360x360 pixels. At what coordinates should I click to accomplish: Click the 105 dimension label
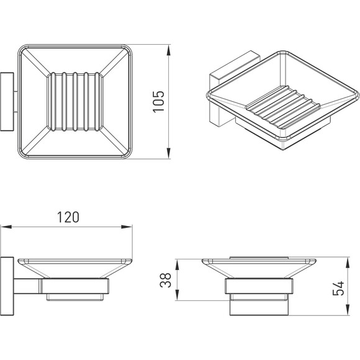tap(159, 102)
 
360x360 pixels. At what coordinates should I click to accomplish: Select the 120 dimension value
tap(68, 217)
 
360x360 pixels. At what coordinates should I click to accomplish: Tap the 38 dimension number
tap(166, 280)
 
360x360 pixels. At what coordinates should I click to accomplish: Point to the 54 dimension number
tap(338, 288)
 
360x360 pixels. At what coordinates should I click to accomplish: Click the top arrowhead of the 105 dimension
tap(169, 50)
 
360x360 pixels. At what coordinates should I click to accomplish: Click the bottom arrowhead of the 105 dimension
tap(169, 153)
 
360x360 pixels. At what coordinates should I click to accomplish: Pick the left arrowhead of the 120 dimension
tap(6, 227)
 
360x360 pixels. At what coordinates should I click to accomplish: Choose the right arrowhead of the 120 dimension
tap(127, 227)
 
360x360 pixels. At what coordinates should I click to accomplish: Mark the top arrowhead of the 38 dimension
tap(177, 264)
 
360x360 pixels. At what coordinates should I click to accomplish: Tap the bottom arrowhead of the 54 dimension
tap(348, 310)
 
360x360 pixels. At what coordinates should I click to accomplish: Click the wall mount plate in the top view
tap(7, 102)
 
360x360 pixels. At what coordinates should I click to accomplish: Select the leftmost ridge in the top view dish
tap(53, 102)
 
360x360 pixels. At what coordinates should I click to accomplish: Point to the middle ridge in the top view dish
tap(75, 102)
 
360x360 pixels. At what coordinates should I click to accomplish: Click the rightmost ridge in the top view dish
tap(97, 102)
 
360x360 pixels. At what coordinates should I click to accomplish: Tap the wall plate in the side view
tap(7, 286)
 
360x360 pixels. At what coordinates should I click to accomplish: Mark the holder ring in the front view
tap(259, 286)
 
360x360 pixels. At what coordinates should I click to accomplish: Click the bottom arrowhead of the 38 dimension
tap(177, 295)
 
